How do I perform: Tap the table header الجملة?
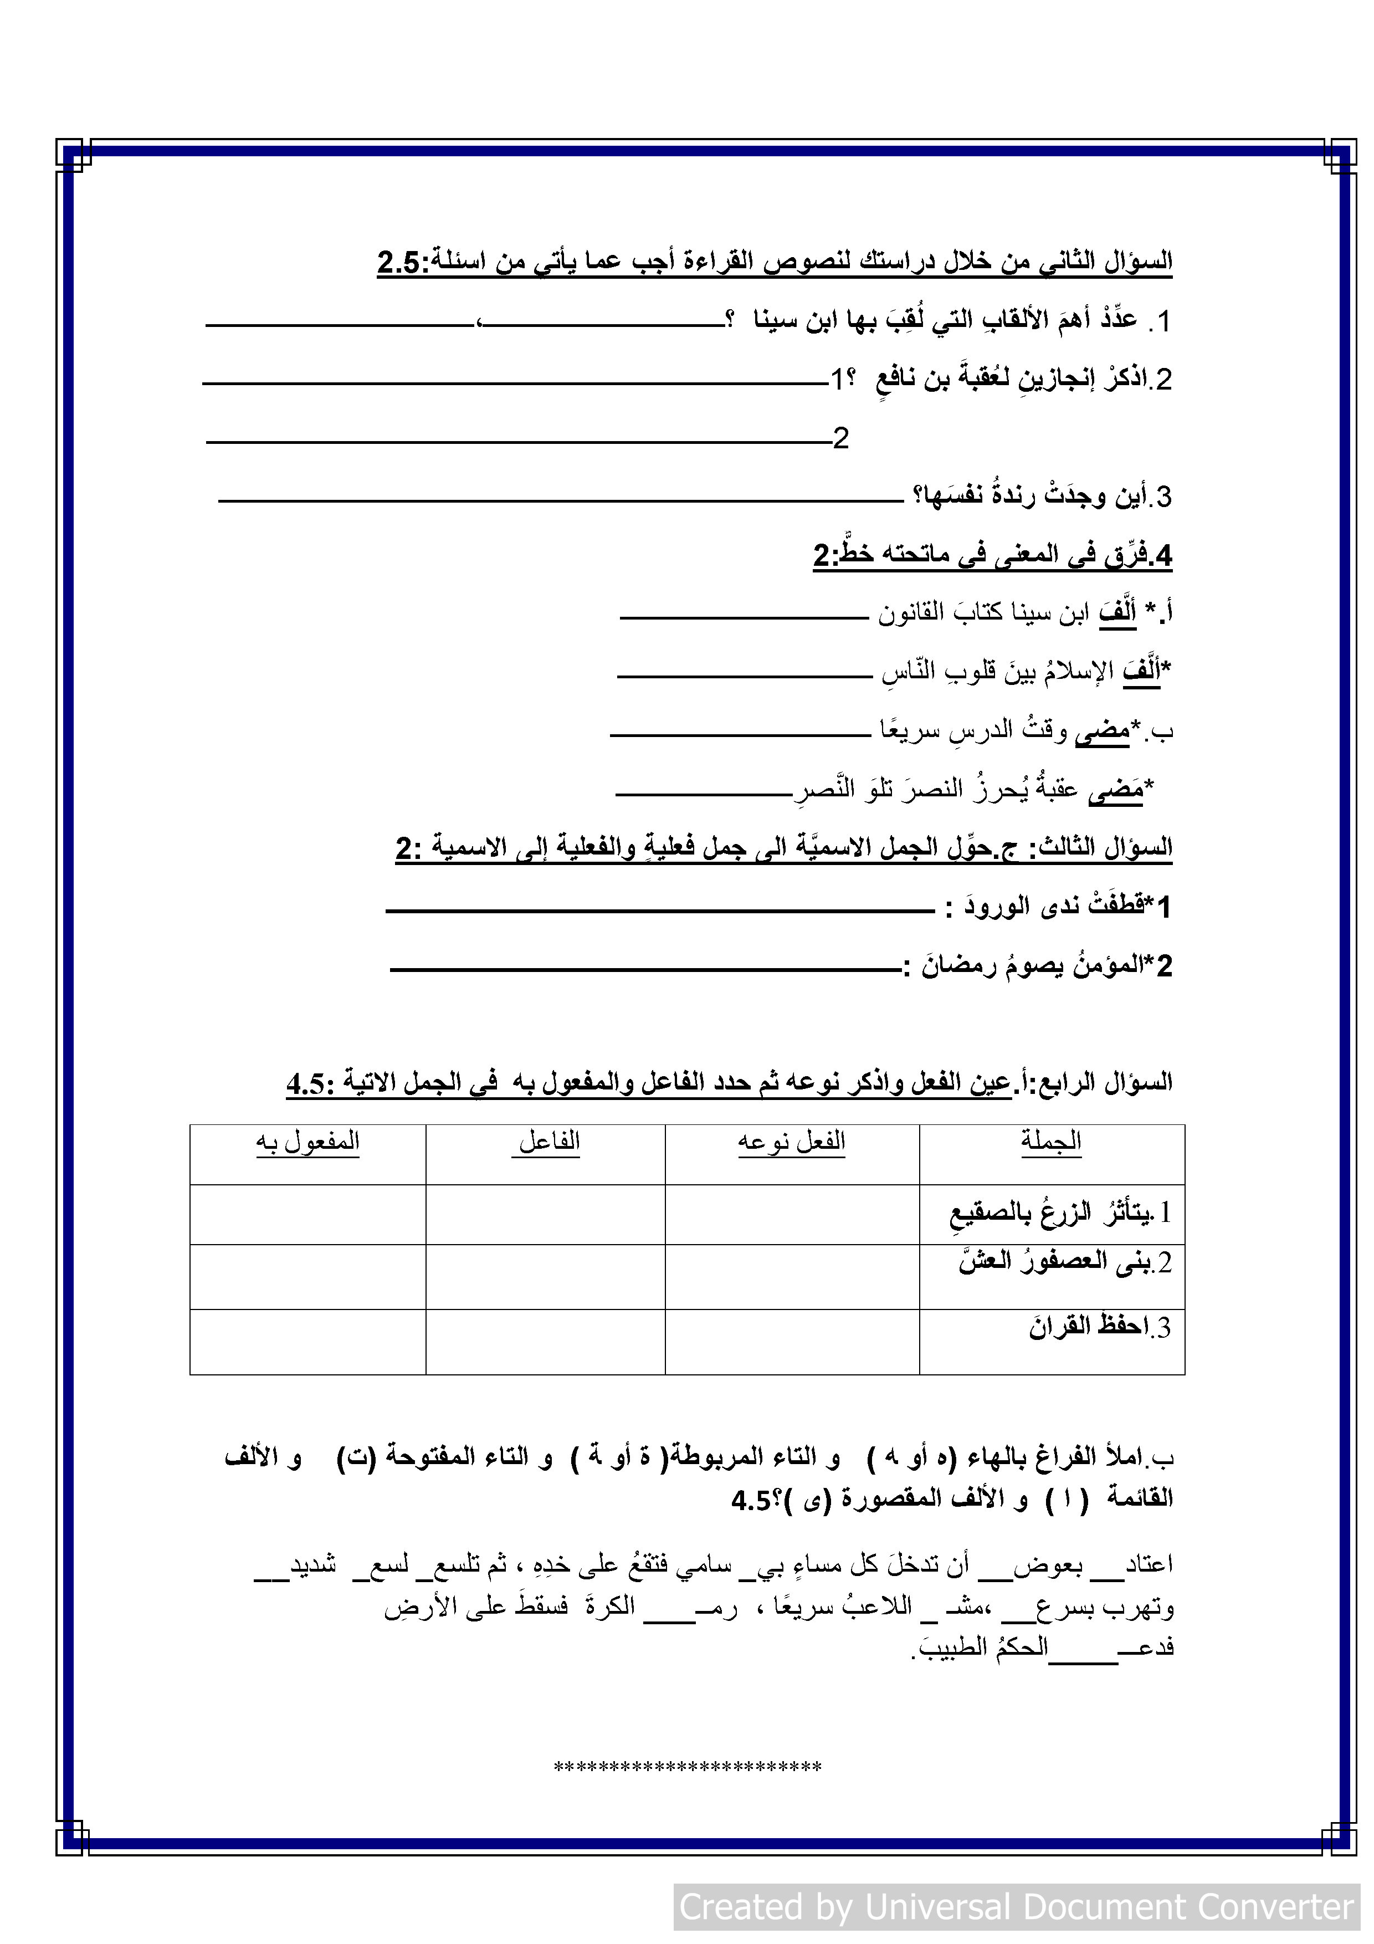[1050, 1142]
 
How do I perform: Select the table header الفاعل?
[548, 1142]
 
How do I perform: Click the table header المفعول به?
[308, 1142]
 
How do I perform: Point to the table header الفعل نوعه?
[792, 1142]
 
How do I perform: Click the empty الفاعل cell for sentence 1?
[545, 1214]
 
